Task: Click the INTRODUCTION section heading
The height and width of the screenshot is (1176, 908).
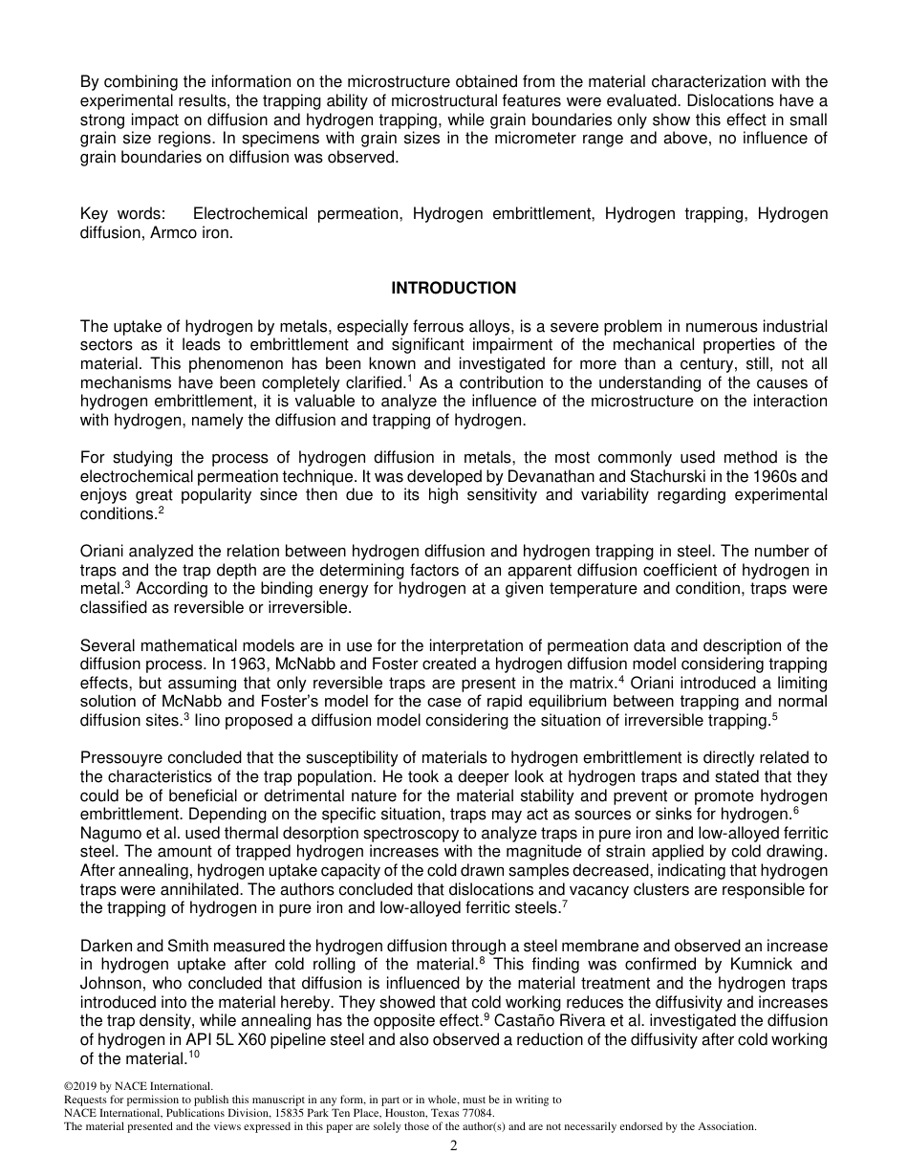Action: [453, 288]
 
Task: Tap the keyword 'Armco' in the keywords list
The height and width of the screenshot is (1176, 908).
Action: [179, 232]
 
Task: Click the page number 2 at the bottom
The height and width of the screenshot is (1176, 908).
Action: [454, 1146]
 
